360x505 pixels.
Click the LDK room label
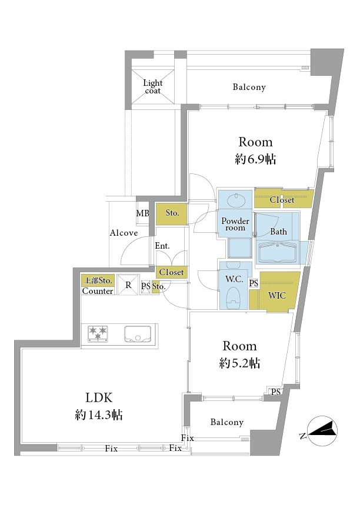99,398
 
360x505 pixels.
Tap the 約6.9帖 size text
255,159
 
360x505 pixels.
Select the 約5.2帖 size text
239,363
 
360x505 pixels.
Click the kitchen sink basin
138,335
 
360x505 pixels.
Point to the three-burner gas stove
98,334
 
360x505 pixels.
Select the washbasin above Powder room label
236,200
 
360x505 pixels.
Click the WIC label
277,295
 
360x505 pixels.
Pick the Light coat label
153,86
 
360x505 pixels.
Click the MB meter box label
143,213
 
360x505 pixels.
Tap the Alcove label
124,233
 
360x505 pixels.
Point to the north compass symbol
322,431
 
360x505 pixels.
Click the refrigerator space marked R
128,285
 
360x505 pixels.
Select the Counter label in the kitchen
98,291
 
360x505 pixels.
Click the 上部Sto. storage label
98,281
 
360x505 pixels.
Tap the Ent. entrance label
162,246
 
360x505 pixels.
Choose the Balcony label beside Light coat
249,87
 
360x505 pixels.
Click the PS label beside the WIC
254,283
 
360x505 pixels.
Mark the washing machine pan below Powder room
239,248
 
